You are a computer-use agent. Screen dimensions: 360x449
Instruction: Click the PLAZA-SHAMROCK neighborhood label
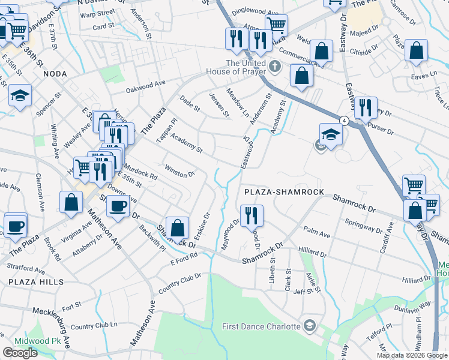pos(284,191)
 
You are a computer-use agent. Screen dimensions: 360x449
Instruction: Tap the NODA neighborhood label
pos(55,73)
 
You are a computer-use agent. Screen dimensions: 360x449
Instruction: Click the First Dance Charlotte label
pos(261,326)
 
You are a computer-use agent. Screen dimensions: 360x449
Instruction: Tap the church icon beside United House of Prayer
pos(275,66)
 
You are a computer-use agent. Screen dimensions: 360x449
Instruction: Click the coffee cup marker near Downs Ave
pos(117,206)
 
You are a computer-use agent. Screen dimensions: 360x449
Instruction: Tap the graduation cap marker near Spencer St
pos(20,95)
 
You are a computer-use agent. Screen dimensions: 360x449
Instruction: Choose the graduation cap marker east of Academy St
pos(331,134)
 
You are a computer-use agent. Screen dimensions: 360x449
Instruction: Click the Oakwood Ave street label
pos(145,88)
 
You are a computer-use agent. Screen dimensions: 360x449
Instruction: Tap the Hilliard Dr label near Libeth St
pos(310,254)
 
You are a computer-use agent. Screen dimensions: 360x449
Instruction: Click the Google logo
pos(20,353)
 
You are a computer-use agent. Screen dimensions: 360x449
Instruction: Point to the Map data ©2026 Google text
pos(412,355)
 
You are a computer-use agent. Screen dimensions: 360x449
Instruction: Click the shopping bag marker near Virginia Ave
pos(71,202)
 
